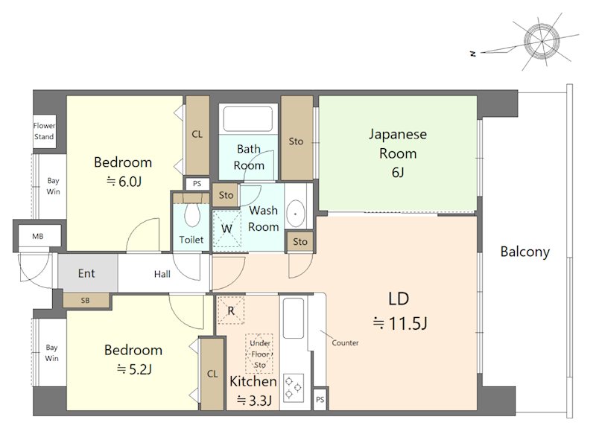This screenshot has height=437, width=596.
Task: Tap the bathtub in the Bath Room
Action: coord(248,119)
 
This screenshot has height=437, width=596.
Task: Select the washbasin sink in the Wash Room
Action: coord(295,214)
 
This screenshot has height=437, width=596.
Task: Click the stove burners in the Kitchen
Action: coord(294,387)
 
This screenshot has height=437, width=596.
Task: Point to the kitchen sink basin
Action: coord(294,318)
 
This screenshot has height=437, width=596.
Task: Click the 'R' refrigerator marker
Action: coord(231,310)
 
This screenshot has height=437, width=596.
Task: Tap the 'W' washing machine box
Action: coord(226,229)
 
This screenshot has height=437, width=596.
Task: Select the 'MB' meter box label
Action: coord(38,236)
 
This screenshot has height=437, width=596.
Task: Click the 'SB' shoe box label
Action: coord(85,300)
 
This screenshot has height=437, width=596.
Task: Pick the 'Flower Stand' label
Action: coord(44,131)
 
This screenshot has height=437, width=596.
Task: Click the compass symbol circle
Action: coord(542,40)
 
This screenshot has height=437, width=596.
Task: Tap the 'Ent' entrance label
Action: coord(86,273)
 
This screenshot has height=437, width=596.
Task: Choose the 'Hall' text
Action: coord(162,274)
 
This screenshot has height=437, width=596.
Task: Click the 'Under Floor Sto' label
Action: coord(260,354)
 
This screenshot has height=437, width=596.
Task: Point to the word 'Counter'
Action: coord(345,342)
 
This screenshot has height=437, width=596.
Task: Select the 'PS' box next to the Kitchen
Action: coord(320,400)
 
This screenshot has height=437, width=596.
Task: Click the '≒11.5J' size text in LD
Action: coord(399,324)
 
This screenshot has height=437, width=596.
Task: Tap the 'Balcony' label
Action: coord(525,252)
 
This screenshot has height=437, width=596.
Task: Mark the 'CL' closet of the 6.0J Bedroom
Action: coord(197,135)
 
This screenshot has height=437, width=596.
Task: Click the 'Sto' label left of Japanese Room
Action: coord(296,141)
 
